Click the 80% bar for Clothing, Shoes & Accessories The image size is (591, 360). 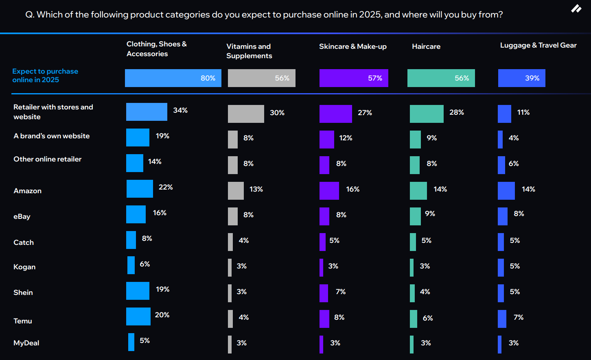(173, 78)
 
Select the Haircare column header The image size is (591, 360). (426, 46)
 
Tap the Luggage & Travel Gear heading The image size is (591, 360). (538, 45)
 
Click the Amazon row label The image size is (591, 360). (28, 191)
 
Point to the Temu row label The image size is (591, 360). (23, 321)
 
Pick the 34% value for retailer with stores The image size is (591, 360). (180, 110)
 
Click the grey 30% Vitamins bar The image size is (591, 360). (246, 114)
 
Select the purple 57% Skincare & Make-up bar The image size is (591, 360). (354, 78)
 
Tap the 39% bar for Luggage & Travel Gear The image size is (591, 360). (521, 78)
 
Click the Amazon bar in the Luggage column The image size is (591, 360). (506, 191)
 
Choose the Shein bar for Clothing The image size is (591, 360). (138, 291)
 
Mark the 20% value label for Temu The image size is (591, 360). (162, 315)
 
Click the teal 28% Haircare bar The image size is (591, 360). (427, 114)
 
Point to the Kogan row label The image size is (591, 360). (24, 267)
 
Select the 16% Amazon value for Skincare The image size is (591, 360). (353, 189)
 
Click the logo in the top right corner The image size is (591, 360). (576, 9)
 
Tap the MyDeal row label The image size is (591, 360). (26, 343)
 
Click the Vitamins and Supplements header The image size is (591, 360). (249, 51)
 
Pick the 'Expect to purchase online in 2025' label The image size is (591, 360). (45, 76)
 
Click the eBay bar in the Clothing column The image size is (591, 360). (136, 214)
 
